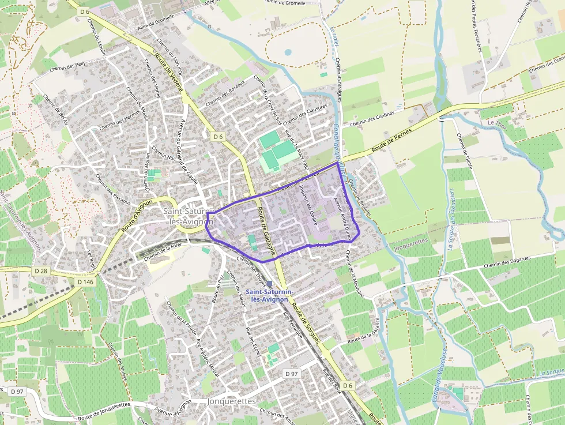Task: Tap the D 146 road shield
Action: coord(84,282)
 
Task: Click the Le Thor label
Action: coord(496,123)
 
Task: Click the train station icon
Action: coord(268,284)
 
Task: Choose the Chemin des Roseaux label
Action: coord(225,92)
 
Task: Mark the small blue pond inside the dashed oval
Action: coord(287,52)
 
